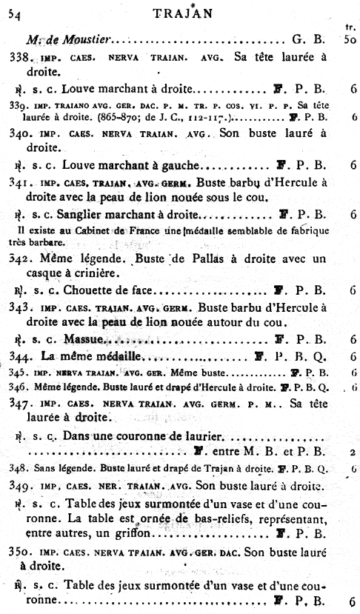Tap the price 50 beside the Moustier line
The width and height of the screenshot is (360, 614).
coord(351,38)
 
